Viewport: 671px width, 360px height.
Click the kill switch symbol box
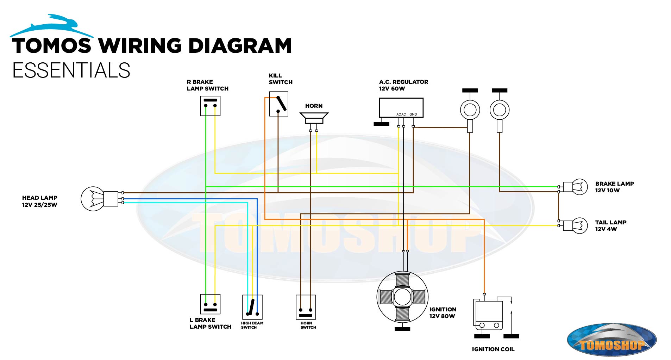pyautogui.click(x=278, y=104)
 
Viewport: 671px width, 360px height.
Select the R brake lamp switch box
pyautogui.click(x=210, y=106)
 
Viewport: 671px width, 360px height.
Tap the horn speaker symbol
pyautogui.click(x=314, y=118)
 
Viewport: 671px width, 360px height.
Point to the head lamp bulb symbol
pyautogui.click(x=93, y=199)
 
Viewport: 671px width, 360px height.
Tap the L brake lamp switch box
pyautogui.click(x=210, y=304)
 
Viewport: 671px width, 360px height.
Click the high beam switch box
pyautogui.click(x=252, y=307)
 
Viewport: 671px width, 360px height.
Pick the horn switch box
pyautogui.click(x=306, y=307)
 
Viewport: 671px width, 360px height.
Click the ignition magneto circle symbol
pyautogui.click(x=402, y=297)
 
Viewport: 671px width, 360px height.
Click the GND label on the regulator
pyautogui.click(x=413, y=114)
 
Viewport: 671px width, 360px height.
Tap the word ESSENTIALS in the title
pyautogui.click(x=71, y=70)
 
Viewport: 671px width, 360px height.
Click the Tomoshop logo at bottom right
pyautogui.click(x=612, y=340)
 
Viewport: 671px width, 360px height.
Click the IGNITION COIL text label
pyautogui.click(x=493, y=349)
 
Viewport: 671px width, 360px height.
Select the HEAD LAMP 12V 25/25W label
pyautogui.click(x=39, y=201)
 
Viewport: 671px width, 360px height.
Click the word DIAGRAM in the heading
pyautogui.click(x=240, y=46)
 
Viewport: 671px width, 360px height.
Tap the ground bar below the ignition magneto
pyautogui.click(x=402, y=329)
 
